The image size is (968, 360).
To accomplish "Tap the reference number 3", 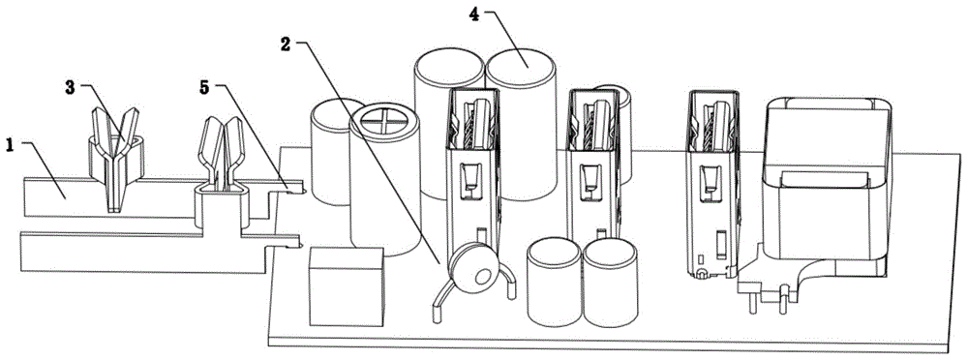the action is pos(71,87).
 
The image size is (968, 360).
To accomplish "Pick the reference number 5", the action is pos(203,87).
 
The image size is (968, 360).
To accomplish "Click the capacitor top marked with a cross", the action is pos(384,120).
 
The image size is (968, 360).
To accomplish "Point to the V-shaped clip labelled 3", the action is pos(115,159).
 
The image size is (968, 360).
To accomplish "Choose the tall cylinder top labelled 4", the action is pos(522,65).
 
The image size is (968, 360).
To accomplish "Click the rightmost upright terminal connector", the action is pos(713,184).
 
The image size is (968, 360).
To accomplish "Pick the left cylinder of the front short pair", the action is pos(555,282).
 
